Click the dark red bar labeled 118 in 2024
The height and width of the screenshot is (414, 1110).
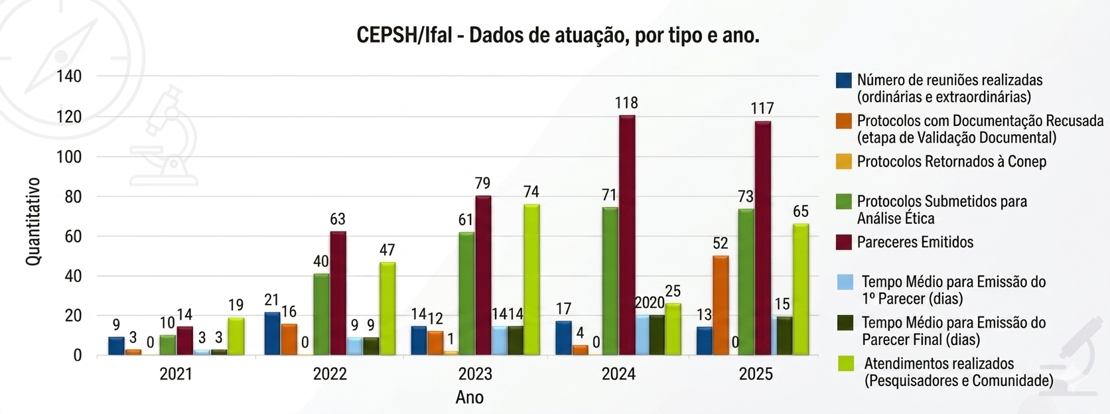click(x=627, y=236)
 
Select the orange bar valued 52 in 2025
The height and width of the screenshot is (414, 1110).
click(x=721, y=305)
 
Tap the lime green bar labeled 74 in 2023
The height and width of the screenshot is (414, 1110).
click(x=531, y=279)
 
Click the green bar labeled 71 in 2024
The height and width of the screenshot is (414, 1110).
click(x=610, y=281)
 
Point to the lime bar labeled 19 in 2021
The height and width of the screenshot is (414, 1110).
click(x=236, y=336)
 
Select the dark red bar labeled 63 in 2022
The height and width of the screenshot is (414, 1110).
click(x=338, y=293)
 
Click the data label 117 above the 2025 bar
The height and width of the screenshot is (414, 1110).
click(x=762, y=108)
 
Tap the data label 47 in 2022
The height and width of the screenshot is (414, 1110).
click(x=387, y=250)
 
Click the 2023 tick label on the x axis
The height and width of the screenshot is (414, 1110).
click(x=475, y=374)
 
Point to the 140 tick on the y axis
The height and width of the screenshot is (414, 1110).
click(x=69, y=76)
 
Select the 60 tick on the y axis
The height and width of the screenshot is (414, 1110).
click(x=73, y=236)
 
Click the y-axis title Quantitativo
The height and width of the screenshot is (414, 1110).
click(x=33, y=222)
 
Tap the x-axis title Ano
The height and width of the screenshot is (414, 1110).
click(x=469, y=397)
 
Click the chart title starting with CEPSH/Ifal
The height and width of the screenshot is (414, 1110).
click(x=557, y=35)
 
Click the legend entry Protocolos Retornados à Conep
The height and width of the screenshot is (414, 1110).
click(x=951, y=162)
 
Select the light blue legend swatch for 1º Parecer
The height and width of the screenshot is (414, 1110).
click(x=845, y=281)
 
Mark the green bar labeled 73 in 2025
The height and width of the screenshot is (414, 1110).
click(x=746, y=282)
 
